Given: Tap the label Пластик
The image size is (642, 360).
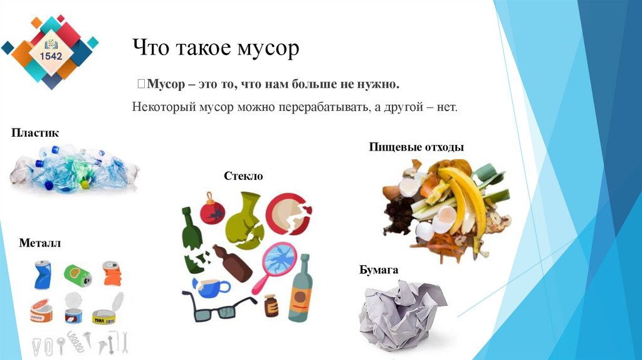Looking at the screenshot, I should click(34, 133).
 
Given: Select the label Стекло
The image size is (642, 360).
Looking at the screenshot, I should click(243, 176).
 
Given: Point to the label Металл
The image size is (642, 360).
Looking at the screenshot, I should click(39, 243).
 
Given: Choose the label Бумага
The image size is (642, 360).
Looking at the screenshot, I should click(379, 270).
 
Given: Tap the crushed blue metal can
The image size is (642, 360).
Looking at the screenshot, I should click(43, 274).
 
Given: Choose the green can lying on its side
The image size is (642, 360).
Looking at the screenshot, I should click(77, 274).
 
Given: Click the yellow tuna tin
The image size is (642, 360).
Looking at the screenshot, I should click(104, 314).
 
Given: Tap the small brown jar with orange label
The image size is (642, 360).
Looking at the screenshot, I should click(271, 305).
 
